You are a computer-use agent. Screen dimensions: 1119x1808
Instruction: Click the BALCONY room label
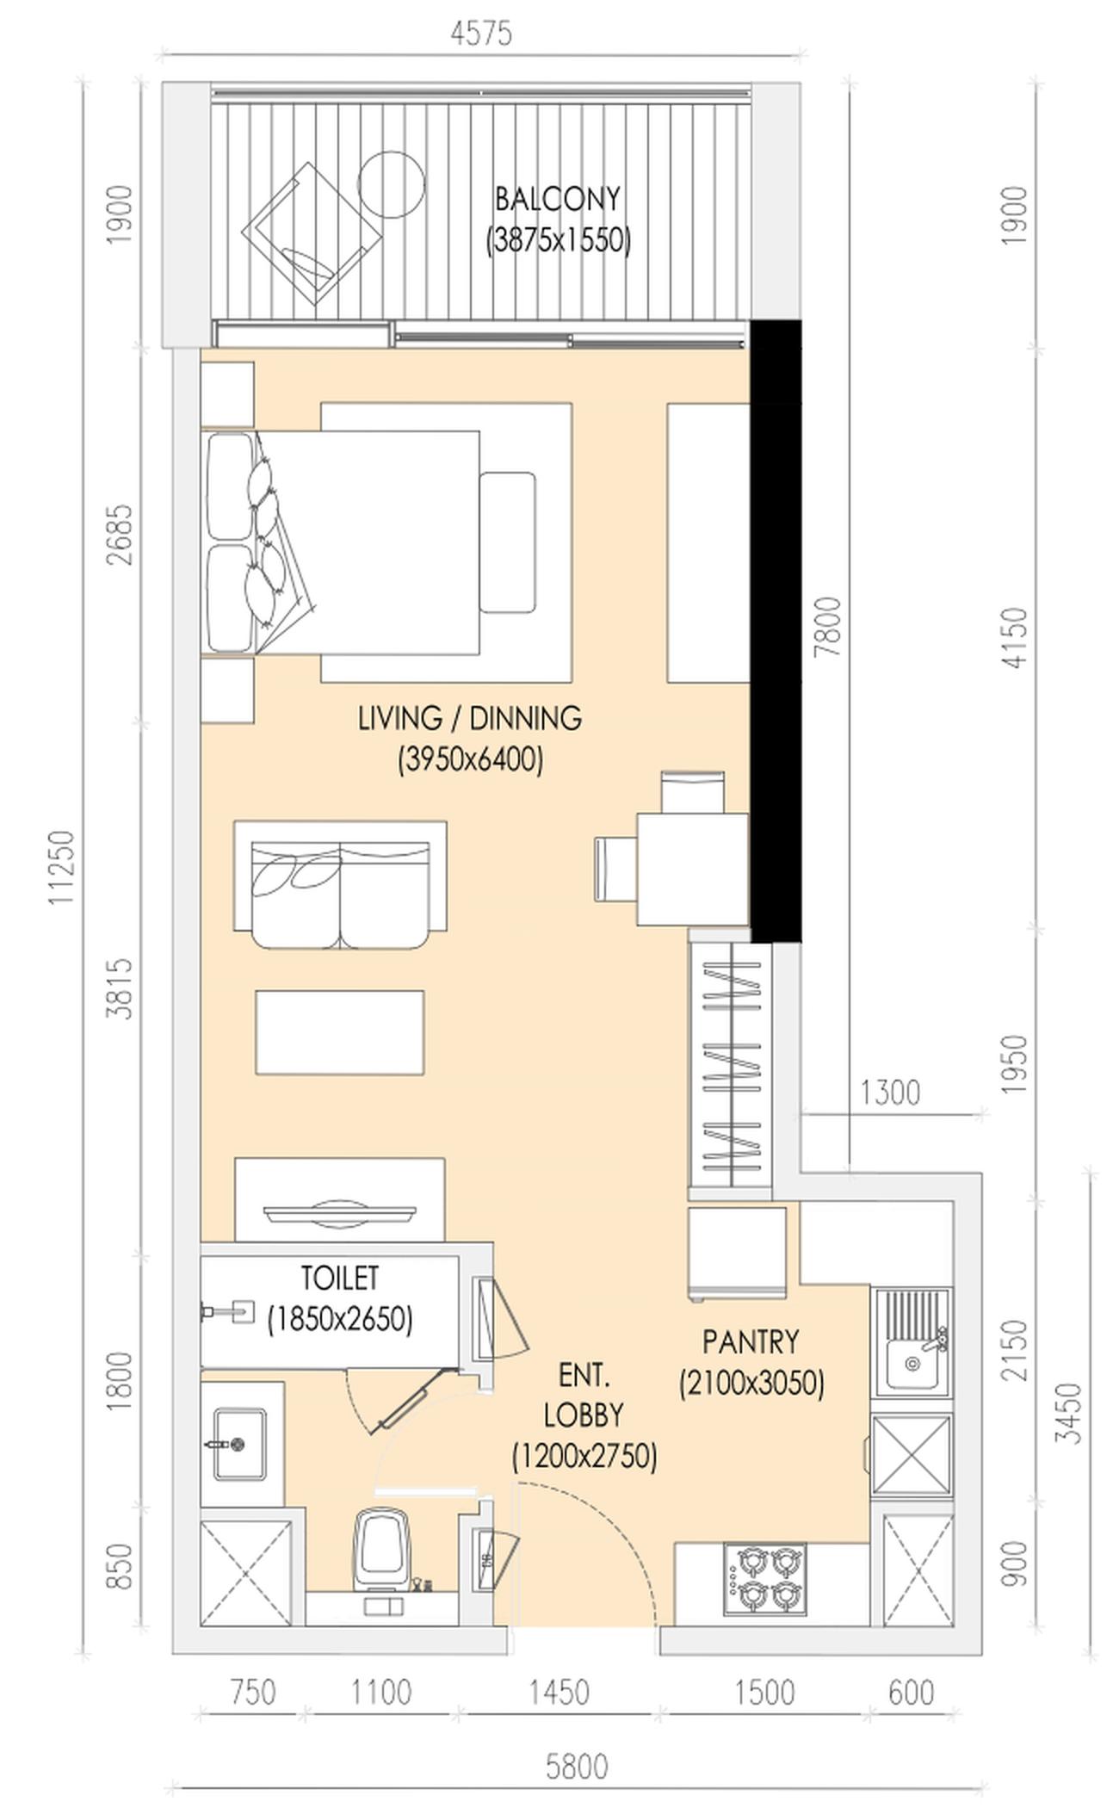tap(558, 199)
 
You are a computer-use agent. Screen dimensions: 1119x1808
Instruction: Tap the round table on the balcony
tap(391, 184)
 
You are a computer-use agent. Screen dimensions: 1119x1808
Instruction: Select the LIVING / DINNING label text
tap(470, 717)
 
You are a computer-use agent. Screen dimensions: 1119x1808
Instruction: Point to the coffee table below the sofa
tap(339, 1031)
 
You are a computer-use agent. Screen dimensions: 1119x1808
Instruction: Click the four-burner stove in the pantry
tap(765, 1579)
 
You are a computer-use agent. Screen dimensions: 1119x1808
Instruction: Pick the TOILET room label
tap(339, 1278)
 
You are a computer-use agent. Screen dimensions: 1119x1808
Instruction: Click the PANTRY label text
tap(751, 1341)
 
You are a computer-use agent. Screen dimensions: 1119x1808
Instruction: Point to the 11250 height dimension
tap(62, 866)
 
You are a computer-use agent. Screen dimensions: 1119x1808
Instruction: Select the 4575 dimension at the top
tap(481, 34)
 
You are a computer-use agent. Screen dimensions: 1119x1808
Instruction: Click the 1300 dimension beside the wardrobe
tap(890, 1093)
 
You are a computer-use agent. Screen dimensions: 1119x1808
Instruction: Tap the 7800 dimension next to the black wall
tap(827, 627)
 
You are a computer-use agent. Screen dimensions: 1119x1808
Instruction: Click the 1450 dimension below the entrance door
tap(559, 1693)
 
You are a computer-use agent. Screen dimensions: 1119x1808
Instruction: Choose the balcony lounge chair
tap(312, 232)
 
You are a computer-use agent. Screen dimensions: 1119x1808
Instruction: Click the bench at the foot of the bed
tap(508, 542)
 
